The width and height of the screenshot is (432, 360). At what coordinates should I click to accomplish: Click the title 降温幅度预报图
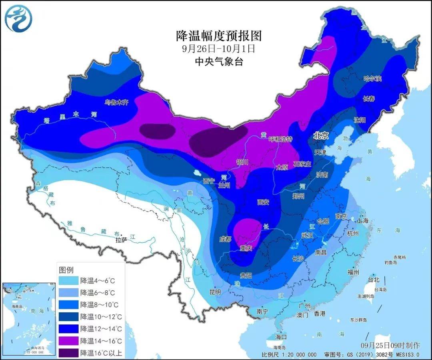[x=219, y=36]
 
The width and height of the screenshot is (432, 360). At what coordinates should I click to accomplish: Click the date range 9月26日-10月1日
[x=218, y=49]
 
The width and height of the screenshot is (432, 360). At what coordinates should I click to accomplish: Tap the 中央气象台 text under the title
[x=218, y=61]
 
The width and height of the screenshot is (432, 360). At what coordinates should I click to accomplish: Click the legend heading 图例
[x=66, y=269]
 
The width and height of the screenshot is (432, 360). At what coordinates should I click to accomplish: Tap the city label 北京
[x=321, y=136]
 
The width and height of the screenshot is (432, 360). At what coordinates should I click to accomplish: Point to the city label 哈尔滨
[x=372, y=78]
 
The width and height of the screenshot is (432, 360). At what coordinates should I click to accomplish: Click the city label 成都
[x=225, y=239]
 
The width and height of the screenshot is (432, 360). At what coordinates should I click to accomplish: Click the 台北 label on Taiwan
[x=373, y=280]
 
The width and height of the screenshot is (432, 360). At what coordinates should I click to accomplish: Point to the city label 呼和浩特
[x=280, y=139]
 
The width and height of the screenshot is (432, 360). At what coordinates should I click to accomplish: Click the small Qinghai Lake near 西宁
[x=196, y=174]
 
